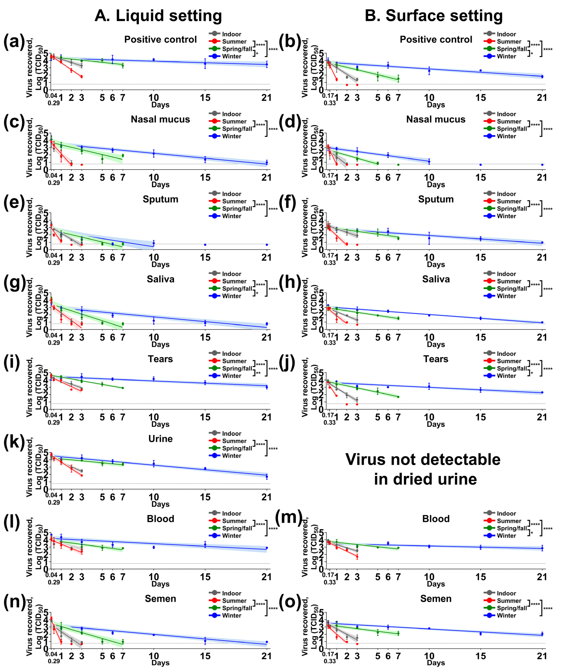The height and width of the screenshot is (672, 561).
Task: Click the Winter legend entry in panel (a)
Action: [x=231, y=56]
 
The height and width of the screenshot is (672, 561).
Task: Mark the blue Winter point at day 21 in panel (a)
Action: [x=267, y=64]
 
